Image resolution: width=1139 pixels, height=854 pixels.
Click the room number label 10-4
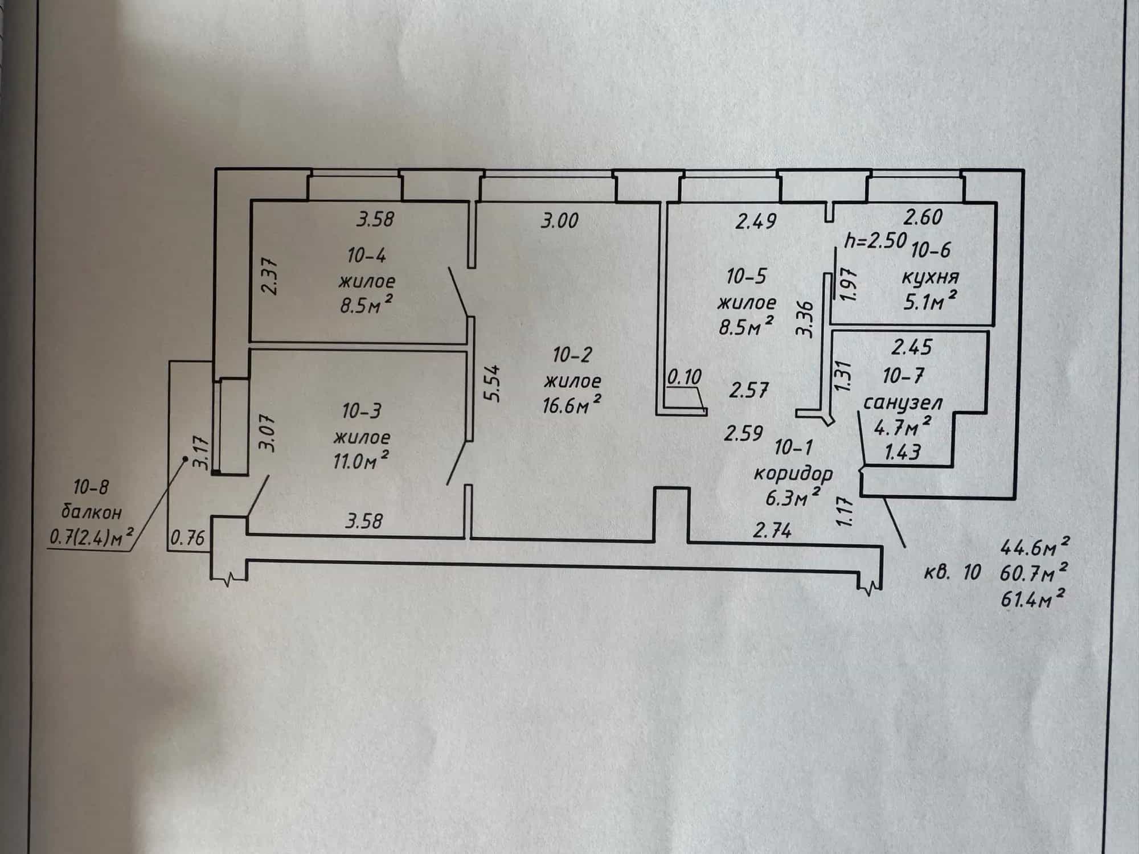pyautogui.click(x=367, y=256)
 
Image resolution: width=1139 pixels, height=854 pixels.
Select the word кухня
pyautogui.click(x=930, y=278)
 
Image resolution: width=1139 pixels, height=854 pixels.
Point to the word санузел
pyautogui.click(x=903, y=403)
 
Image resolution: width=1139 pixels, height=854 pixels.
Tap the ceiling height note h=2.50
pyautogui.click(x=875, y=241)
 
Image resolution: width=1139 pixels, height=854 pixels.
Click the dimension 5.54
pyautogui.click(x=494, y=383)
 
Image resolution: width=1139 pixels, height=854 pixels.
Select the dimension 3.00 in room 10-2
pyautogui.click(x=559, y=221)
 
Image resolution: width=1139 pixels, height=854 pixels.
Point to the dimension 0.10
pyautogui.click(x=684, y=377)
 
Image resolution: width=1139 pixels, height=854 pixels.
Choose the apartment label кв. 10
pyautogui.click(x=952, y=572)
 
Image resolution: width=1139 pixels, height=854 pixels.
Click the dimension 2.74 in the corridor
pyautogui.click(x=772, y=532)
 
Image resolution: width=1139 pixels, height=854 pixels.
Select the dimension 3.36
pyautogui.click(x=807, y=319)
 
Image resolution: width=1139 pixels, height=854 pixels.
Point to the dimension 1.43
pyautogui.click(x=903, y=453)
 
